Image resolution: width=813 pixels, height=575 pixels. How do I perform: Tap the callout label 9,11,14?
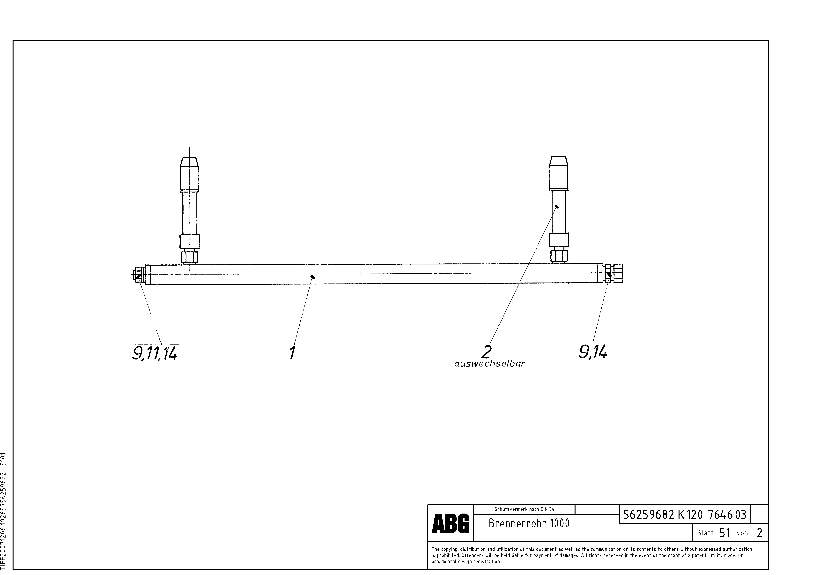tap(155, 353)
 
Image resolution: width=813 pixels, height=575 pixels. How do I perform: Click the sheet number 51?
tap(725, 532)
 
